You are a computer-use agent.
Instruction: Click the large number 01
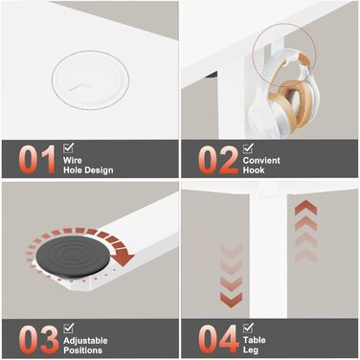click(37, 160)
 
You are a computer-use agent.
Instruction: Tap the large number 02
click(218, 160)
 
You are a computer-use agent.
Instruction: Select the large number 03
click(38, 340)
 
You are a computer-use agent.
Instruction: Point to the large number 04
click(218, 339)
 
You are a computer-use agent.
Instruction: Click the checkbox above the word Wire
click(68, 147)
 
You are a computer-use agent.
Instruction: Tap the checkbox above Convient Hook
click(248, 148)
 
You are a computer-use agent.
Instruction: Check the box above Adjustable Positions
click(68, 327)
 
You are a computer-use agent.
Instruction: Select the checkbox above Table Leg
click(248, 327)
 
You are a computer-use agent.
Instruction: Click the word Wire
click(73, 160)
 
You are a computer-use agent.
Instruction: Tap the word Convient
click(261, 160)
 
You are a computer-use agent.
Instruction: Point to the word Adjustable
click(85, 341)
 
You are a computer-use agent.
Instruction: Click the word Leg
click(251, 350)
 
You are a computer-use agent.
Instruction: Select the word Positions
click(82, 350)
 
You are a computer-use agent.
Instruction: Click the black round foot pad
click(74, 257)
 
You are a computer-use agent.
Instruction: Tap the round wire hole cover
click(91, 80)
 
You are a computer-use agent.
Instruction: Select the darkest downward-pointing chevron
click(231, 300)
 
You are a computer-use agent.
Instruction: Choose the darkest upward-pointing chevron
click(305, 208)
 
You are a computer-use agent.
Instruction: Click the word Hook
click(254, 170)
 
